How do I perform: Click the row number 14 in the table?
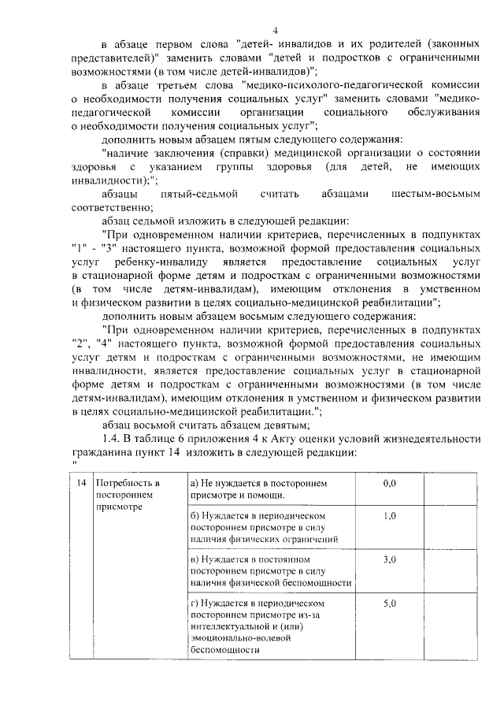(x=80, y=482)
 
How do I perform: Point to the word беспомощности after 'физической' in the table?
(x=314, y=582)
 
